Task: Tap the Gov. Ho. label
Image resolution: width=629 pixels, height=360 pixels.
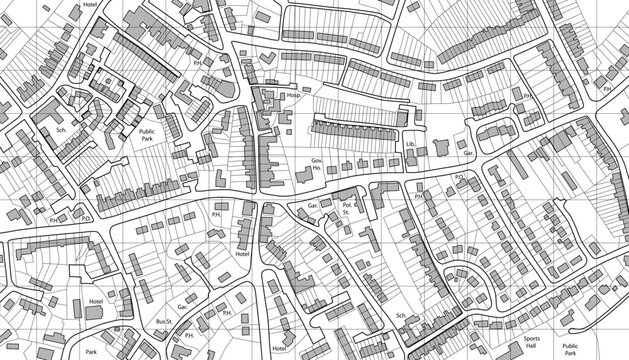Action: [319, 165]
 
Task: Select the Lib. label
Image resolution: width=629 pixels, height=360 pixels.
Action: [411, 145]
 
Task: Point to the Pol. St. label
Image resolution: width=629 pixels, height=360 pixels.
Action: [347, 209]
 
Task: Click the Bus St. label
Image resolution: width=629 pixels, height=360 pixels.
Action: [166, 322]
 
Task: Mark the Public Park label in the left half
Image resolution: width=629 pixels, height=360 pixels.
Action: [147, 135]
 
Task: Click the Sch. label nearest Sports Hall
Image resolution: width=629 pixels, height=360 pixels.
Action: [401, 316]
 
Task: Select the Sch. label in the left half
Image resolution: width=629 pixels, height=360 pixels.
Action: [61, 131]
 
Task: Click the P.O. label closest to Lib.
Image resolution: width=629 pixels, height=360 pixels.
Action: [459, 177]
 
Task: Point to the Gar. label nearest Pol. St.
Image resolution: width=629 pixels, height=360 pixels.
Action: [313, 204]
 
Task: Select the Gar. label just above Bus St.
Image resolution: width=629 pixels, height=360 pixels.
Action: [182, 307]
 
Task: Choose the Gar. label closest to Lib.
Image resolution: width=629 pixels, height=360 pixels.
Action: [466, 153]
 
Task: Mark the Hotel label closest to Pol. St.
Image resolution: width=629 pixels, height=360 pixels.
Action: [241, 254]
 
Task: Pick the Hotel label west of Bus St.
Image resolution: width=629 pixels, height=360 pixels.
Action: [95, 300]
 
